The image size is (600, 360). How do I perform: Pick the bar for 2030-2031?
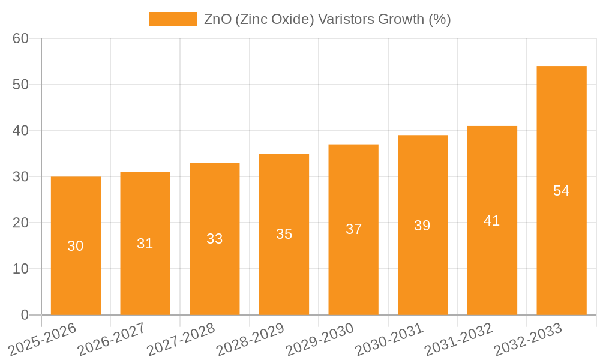tap(422, 270)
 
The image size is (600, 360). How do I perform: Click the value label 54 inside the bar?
tap(562, 191)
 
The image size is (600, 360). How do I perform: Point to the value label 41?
tap(492, 221)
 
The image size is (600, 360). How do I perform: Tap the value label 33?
tap(215, 239)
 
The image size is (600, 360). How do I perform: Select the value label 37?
tap(353, 229)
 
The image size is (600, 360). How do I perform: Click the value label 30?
tap(76, 246)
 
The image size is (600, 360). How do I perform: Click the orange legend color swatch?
tap(173, 19)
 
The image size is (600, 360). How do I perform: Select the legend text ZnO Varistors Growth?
tap(327, 19)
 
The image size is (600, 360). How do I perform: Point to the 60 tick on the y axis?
tap(21, 38)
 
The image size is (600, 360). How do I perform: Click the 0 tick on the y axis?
tap(25, 315)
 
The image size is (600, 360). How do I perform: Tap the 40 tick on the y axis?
tap(21, 131)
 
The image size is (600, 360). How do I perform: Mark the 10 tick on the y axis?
tap(21, 269)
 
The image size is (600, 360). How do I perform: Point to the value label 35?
tap(284, 234)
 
